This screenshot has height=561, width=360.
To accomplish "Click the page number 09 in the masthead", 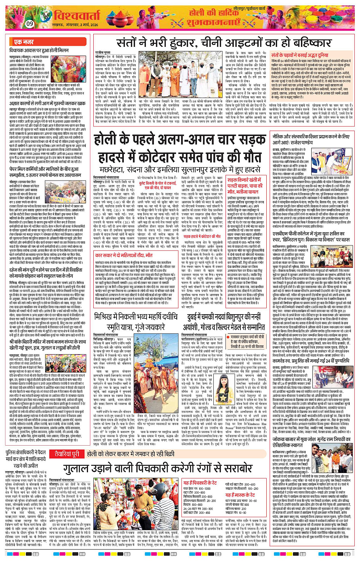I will (30, 24).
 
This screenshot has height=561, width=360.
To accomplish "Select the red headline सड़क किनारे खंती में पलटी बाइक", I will (244, 183).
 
